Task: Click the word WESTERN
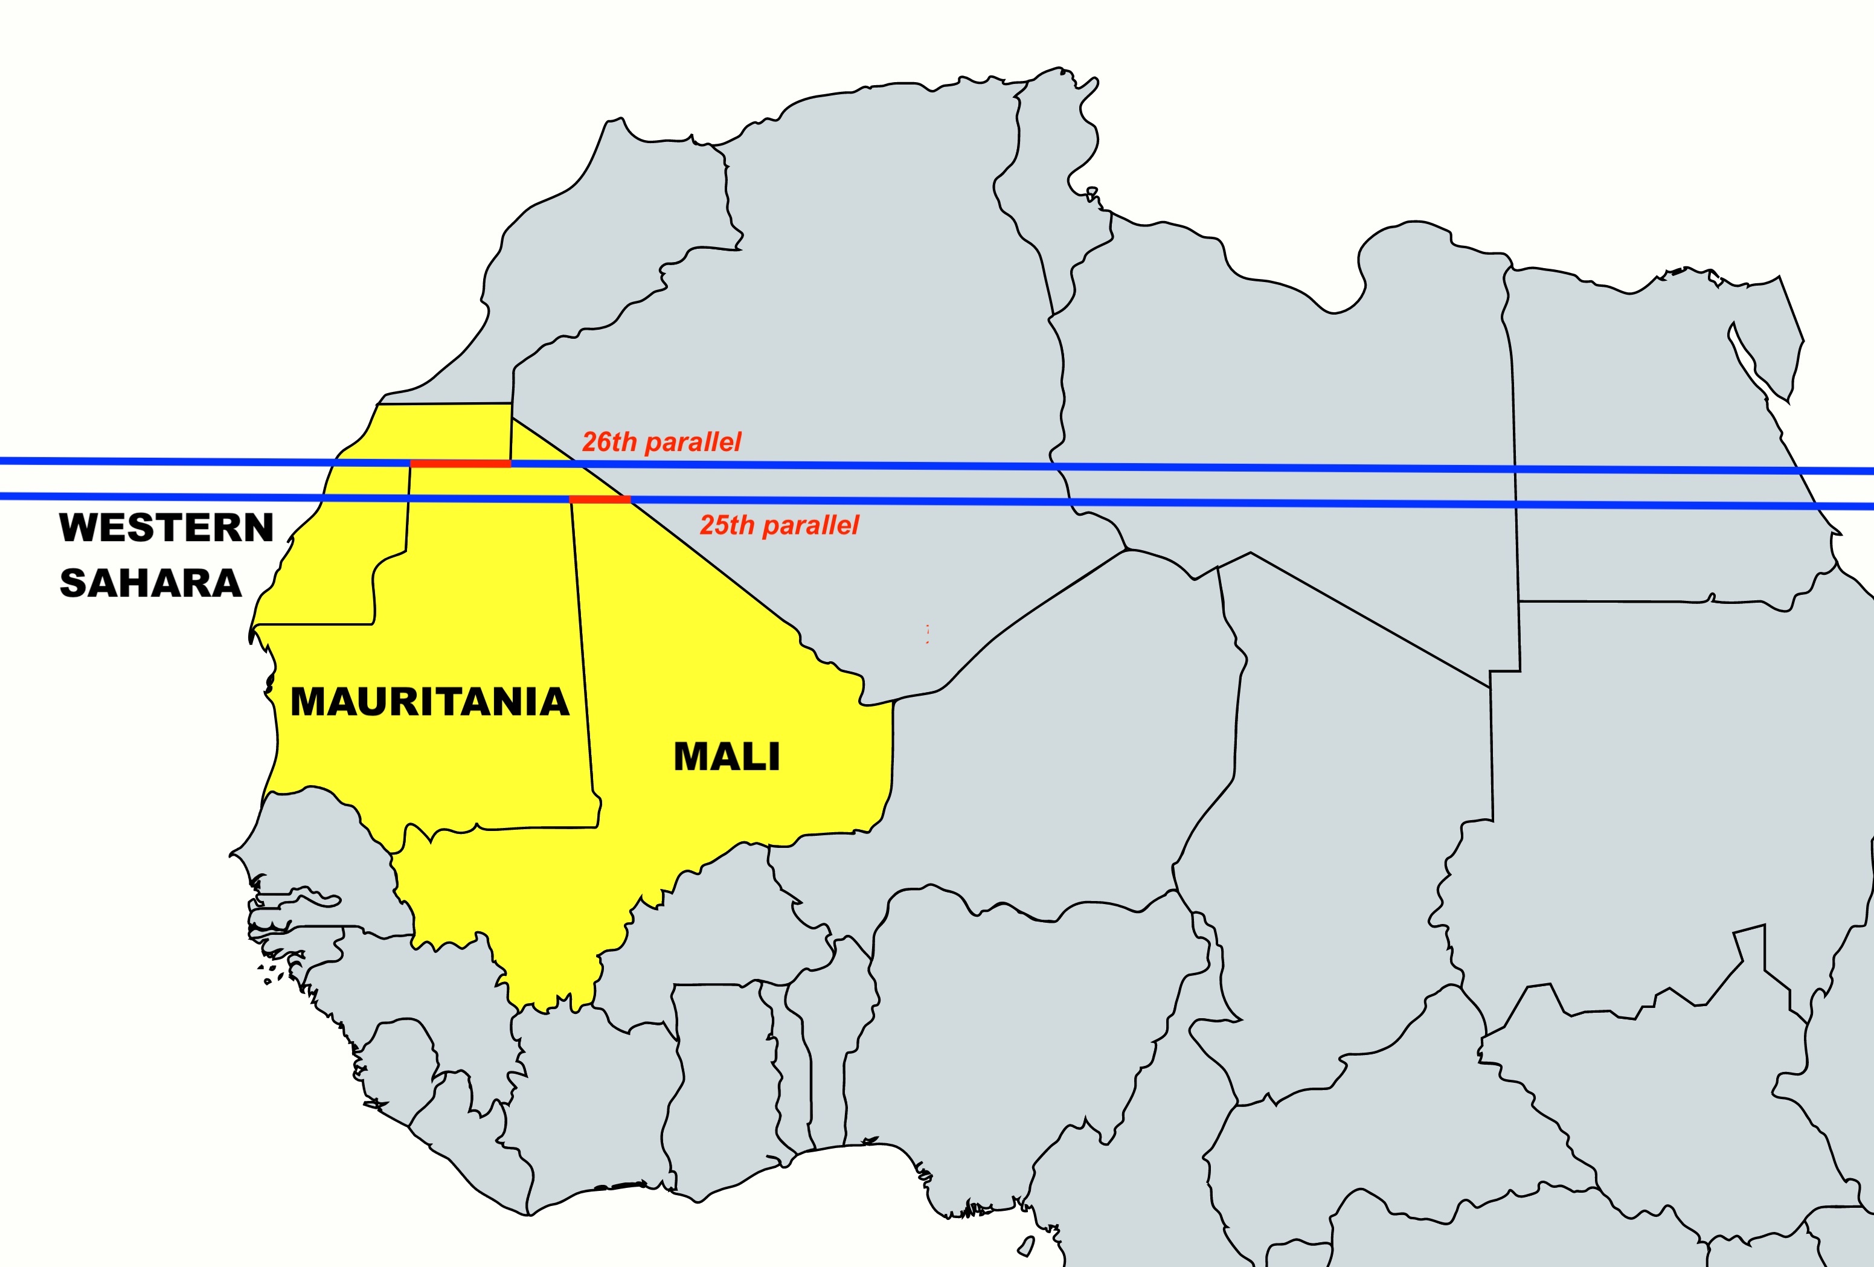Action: click(x=167, y=528)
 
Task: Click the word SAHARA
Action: click(x=151, y=583)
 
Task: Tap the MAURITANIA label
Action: click(x=430, y=702)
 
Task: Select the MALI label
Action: click(x=727, y=757)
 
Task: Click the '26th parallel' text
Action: click(x=661, y=442)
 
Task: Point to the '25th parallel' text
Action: click(x=779, y=525)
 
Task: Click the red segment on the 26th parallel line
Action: click(x=460, y=464)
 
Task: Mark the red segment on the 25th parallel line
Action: click(x=600, y=500)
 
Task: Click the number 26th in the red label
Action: click(x=609, y=442)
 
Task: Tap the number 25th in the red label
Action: click(x=727, y=525)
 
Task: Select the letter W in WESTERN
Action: click(x=79, y=528)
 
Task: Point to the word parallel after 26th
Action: click(x=693, y=442)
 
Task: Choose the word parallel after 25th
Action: click(x=810, y=525)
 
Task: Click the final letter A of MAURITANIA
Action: click(x=551, y=702)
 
